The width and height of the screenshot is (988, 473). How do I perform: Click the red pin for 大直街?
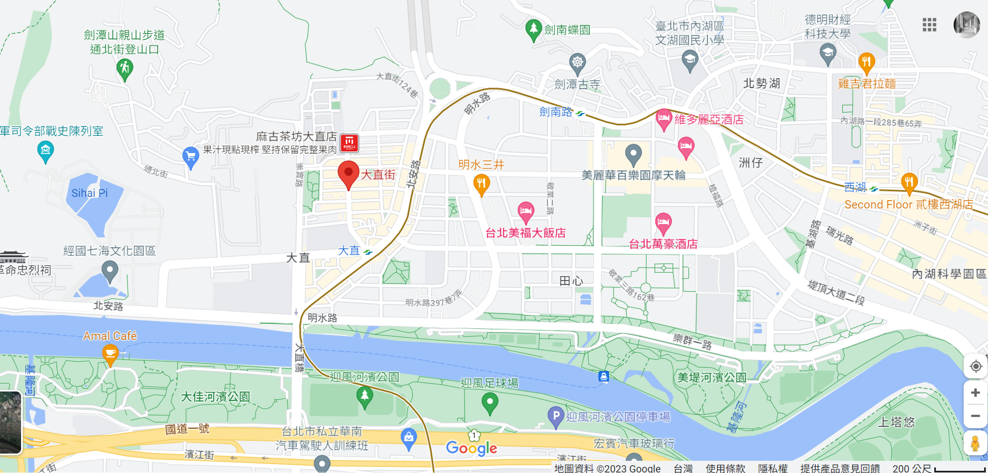349,174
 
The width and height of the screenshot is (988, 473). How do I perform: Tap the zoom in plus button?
975,393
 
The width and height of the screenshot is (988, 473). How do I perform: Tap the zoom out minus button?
975,416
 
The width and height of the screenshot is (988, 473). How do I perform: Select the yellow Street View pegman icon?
975,444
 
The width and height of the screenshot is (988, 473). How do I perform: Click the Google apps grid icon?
929,24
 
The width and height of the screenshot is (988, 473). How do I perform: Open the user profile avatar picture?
966,24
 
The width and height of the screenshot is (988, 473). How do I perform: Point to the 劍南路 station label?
556,112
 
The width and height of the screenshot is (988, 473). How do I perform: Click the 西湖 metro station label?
855,187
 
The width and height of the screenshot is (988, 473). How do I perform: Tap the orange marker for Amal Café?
110,353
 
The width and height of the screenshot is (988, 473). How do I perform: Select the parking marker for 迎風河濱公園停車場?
555,416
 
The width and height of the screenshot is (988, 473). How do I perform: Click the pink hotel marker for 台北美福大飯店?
526,211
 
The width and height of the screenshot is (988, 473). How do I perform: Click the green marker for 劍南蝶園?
533,29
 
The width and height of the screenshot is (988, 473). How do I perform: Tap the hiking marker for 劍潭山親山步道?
125,69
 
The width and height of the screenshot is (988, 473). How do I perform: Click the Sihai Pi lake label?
90,193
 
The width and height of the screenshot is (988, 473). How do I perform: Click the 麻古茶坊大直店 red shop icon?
349,143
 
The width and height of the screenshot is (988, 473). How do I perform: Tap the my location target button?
975,367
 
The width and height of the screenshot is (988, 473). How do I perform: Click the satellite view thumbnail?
10,422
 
